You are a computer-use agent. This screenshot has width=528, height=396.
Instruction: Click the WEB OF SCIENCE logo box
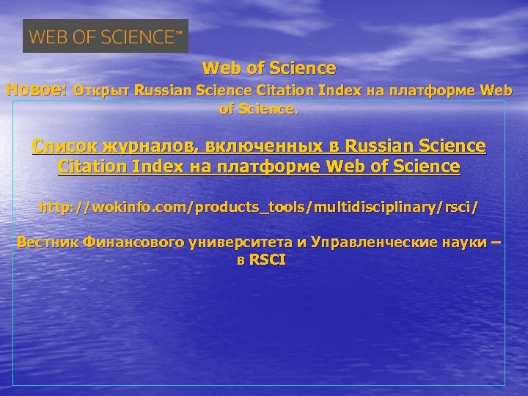(106, 36)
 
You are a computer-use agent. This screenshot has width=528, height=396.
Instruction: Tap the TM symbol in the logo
(179, 32)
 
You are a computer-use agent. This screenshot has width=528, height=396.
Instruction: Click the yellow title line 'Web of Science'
(269, 69)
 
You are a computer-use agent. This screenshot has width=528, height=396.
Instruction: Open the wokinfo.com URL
(259, 208)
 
